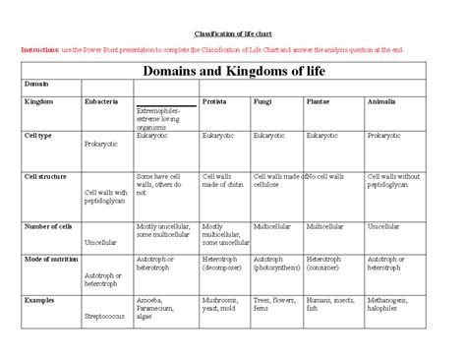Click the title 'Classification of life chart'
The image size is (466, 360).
[x=234, y=31]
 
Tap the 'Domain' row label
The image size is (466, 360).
[x=36, y=86]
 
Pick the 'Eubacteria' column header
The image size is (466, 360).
[x=102, y=101]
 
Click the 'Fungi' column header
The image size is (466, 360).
[x=262, y=101]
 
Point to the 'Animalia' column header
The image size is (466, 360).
[x=381, y=101]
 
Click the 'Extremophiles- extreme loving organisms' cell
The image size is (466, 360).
[x=159, y=119]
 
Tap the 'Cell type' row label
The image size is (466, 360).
[x=38, y=135]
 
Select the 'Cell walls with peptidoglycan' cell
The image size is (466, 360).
[x=105, y=197]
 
